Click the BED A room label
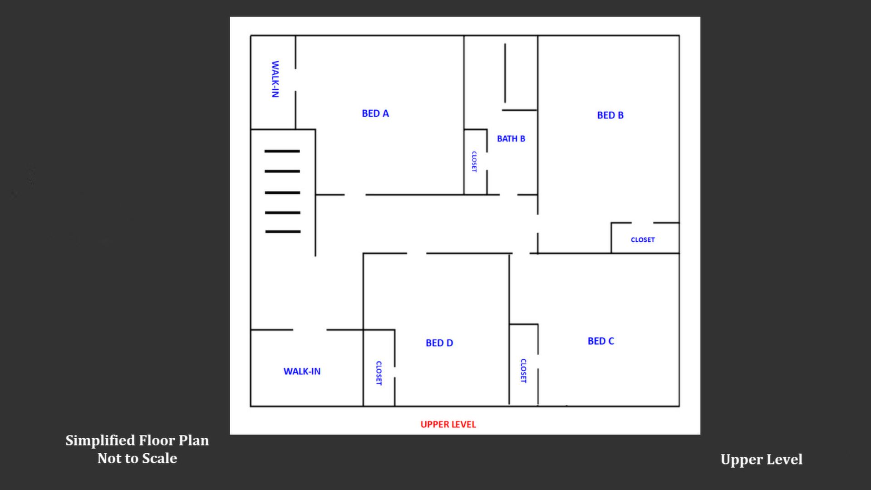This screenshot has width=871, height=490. [x=375, y=113]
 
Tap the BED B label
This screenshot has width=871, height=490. [x=610, y=115]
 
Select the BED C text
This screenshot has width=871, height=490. [x=600, y=341]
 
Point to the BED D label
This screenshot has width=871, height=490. [x=439, y=343]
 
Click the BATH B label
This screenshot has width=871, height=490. [x=511, y=139]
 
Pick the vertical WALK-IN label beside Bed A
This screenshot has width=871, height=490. [x=275, y=79]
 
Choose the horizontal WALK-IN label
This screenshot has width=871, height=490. [x=302, y=372]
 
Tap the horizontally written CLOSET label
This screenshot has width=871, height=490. [x=643, y=240]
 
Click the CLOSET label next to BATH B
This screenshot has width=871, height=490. [x=474, y=162]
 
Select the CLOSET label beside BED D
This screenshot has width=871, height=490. [x=379, y=373]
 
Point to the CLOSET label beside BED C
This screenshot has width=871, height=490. [x=523, y=371]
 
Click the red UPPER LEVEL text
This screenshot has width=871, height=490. [x=448, y=424]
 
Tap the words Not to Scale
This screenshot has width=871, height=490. [x=137, y=458]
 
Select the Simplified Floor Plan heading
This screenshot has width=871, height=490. [x=137, y=441]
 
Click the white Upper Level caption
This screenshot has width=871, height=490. [x=761, y=460]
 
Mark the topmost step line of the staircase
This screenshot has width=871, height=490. [x=282, y=151]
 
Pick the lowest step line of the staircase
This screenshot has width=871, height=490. [x=283, y=232]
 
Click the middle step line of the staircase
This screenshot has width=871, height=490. [x=282, y=193]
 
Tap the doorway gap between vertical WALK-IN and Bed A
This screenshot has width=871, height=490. [x=295, y=80]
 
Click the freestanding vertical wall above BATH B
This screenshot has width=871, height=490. [x=505, y=73]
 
